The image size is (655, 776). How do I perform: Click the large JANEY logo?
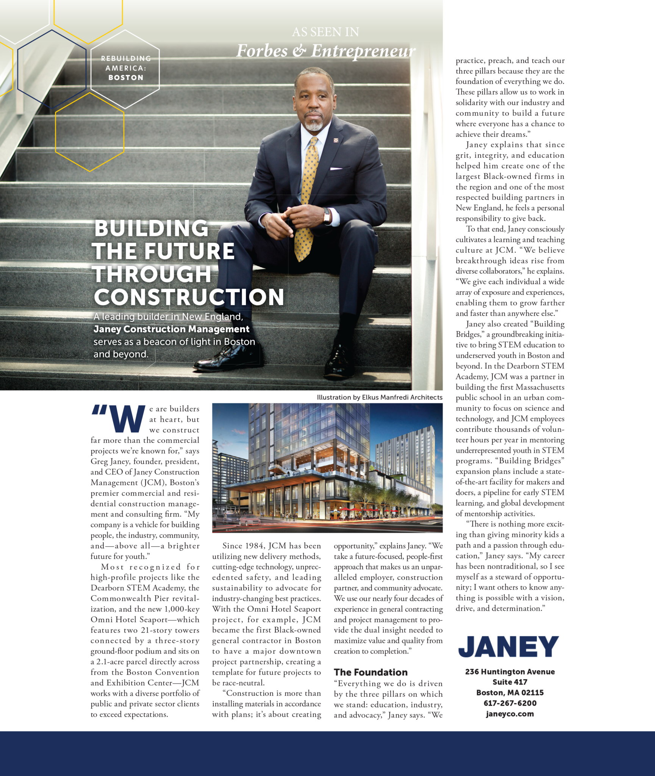click(x=508, y=646)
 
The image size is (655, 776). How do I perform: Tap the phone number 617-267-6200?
click(x=510, y=703)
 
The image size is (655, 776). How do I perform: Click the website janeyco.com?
click(x=510, y=714)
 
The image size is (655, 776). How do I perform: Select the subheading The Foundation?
click(x=370, y=672)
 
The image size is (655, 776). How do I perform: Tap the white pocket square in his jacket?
click(x=335, y=168)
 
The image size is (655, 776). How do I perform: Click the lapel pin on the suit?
click(x=336, y=141)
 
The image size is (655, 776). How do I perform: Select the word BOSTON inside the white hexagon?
click(x=126, y=78)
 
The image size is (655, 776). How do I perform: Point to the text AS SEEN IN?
click(x=325, y=32)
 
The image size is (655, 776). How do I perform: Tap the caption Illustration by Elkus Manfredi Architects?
click(x=380, y=397)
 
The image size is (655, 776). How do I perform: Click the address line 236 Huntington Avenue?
click(x=510, y=672)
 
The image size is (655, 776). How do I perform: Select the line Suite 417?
click(x=510, y=682)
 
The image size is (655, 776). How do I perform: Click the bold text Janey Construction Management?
click(x=172, y=329)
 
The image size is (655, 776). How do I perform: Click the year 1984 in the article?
click(x=255, y=546)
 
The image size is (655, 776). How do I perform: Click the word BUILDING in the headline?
click(x=152, y=228)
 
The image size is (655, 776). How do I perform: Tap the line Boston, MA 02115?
click(x=510, y=693)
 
